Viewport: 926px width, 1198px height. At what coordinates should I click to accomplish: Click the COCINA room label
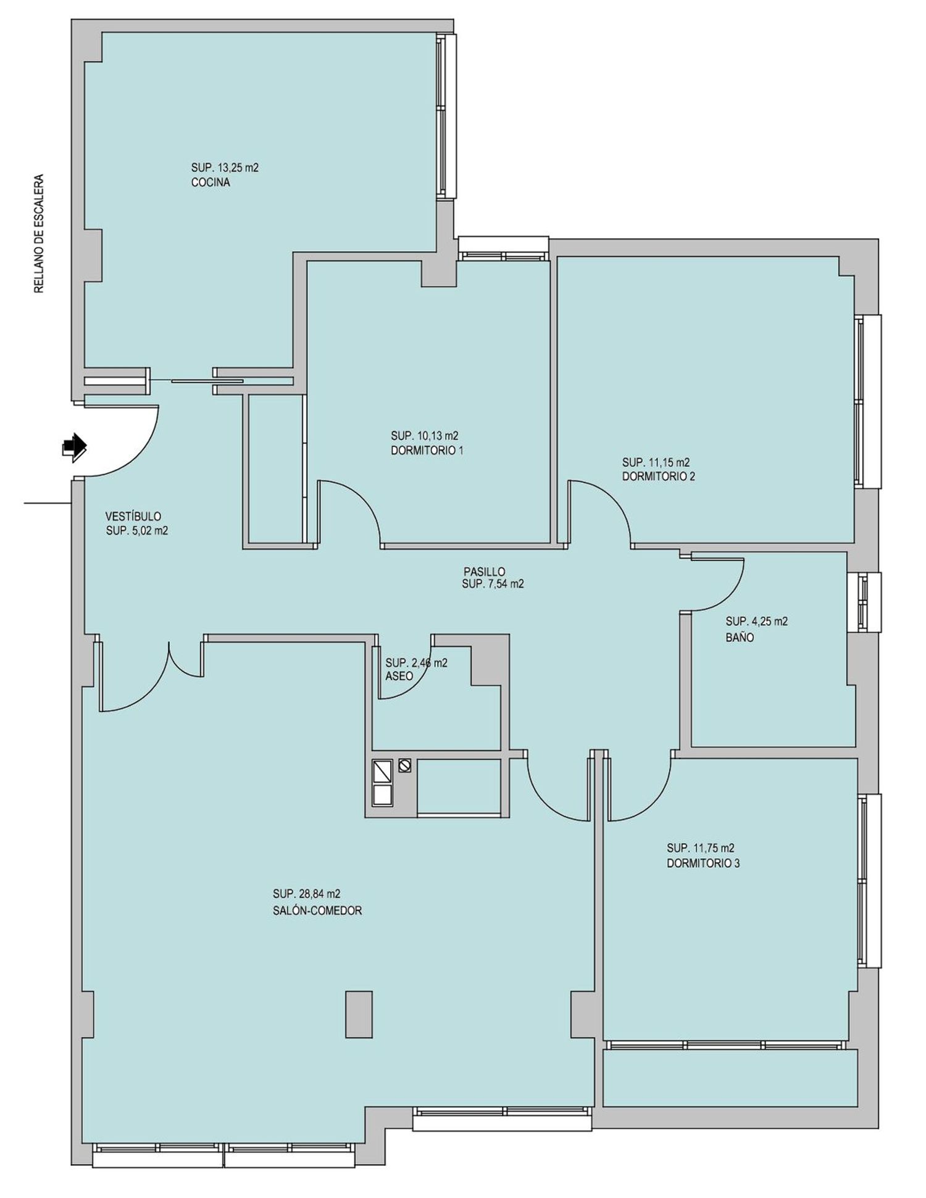click(211, 183)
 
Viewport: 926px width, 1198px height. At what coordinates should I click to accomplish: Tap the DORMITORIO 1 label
click(427, 451)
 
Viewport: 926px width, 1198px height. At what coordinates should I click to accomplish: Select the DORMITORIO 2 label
click(659, 476)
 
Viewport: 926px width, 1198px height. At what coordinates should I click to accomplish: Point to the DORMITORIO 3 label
click(703, 863)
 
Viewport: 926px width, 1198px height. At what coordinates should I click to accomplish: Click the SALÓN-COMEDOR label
click(317, 910)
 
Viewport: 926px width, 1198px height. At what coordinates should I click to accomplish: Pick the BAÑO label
click(740, 638)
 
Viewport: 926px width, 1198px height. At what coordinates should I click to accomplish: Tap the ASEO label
click(399, 676)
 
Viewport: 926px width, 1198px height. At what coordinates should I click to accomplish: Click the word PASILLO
click(485, 572)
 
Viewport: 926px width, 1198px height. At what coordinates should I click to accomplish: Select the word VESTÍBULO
click(133, 516)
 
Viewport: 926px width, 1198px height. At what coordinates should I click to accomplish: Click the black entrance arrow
click(75, 446)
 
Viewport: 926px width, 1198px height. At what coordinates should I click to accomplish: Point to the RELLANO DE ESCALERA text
click(40, 234)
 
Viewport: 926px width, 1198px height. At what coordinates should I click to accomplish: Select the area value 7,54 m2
click(504, 584)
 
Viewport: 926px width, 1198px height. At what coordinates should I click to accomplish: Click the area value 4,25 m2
click(768, 622)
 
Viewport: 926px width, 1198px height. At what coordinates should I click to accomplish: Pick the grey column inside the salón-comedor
click(359, 1014)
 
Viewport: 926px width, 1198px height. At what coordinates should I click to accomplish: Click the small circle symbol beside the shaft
click(405, 765)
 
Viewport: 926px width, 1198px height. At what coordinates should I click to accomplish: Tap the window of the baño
click(864, 602)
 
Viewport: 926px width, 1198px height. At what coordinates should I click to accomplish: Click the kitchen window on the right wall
click(446, 115)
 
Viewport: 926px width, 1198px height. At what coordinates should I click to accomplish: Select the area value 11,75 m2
click(711, 848)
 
